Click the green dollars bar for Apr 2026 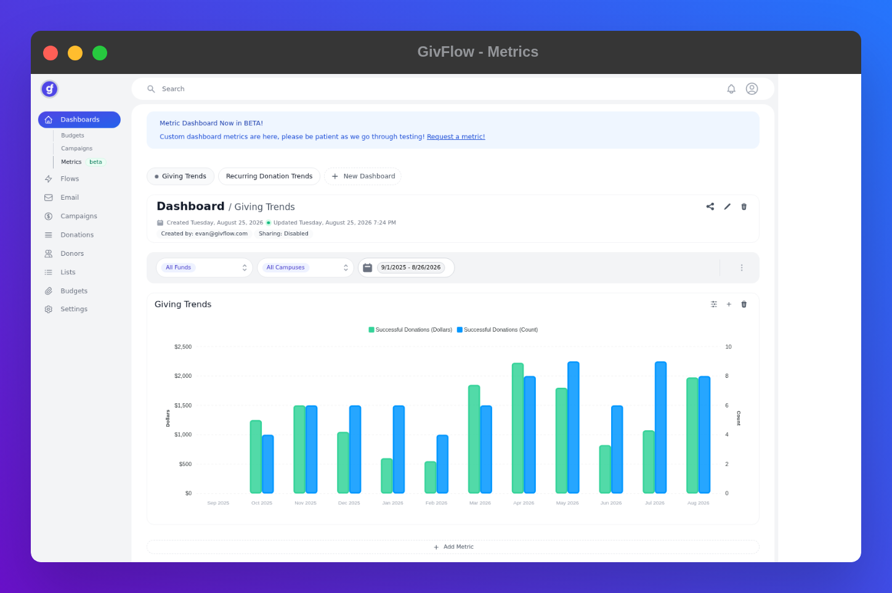click(x=517, y=428)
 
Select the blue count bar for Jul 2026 click(x=660, y=427)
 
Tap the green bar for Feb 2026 click(x=431, y=477)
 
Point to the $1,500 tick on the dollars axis click(x=183, y=405)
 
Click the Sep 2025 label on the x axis click(x=218, y=503)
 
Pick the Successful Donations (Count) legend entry click(x=497, y=330)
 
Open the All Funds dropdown click(x=205, y=268)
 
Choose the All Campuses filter click(x=306, y=268)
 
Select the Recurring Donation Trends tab click(x=269, y=176)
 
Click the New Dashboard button click(x=363, y=176)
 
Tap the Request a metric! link click(x=456, y=137)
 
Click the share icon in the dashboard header click(x=710, y=207)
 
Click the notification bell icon click(x=731, y=89)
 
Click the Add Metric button click(x=453, y=547)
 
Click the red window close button click(x=51, y=53)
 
